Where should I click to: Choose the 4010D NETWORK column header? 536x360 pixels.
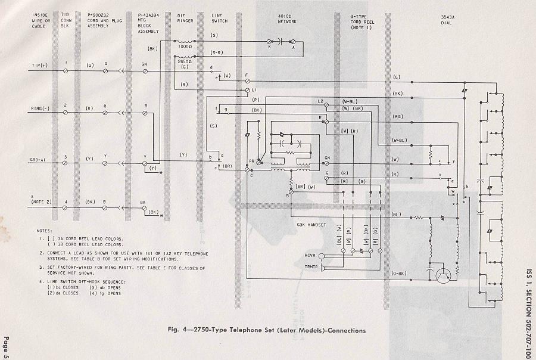(x=286, y=15)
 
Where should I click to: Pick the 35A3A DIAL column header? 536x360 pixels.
(x=448, y=15)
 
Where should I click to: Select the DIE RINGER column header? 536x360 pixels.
(x=185, y=15)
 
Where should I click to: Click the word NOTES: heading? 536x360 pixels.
(x=43, y=229)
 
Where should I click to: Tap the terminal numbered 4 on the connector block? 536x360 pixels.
(x=66, y=201)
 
